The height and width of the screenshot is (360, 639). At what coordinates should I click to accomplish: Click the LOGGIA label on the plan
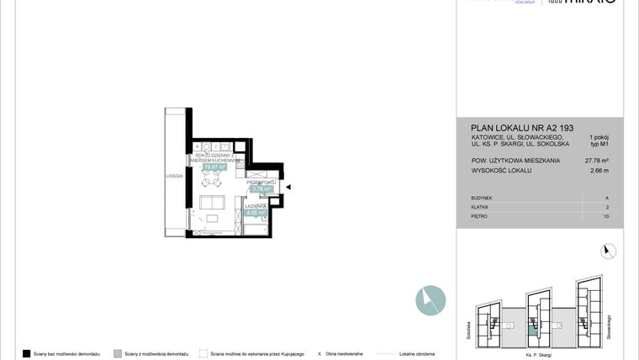[174, 176]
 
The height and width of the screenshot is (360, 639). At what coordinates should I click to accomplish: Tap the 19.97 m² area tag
[214, 167]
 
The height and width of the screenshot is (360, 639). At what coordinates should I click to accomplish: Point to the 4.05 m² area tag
[256, 213]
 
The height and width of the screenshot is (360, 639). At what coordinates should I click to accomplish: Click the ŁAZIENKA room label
[256, 205]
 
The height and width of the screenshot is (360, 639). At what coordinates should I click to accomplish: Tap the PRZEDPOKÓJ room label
[261, 182]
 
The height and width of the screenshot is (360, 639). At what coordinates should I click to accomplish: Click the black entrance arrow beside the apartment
[288, 188]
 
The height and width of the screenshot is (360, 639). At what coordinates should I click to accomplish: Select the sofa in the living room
[210, 204]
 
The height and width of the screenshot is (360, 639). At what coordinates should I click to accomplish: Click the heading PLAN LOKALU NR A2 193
[510, 128]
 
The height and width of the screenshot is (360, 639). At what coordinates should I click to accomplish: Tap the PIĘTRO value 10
[606, 216]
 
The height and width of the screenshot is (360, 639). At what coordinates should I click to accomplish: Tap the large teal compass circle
[430, 300]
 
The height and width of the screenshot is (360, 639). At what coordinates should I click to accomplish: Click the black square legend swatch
[27, 354]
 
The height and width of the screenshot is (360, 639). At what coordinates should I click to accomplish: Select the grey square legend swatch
[117, 354]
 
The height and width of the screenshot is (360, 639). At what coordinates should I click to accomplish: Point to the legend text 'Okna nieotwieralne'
[346, 354]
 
